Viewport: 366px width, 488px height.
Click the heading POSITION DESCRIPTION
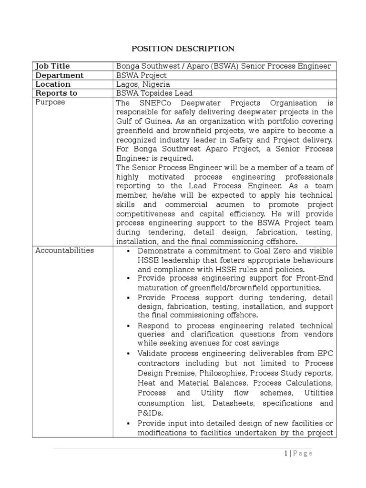point(183,49)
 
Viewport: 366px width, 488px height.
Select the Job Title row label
point(52,66)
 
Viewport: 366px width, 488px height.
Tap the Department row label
point(59,75)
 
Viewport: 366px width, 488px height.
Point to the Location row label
point(53,84)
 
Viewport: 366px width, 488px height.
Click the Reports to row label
point(56,93)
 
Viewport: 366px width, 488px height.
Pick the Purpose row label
point(50,102)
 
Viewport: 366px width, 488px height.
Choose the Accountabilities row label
point(65,251)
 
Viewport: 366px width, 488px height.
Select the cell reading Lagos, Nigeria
point(143,84)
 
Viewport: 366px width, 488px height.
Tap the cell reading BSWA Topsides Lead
point(154,93)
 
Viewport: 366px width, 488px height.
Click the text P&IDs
point(150,414)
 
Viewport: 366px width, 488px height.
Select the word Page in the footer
point(302,453)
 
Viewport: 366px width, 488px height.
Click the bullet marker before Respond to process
point(129,325)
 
